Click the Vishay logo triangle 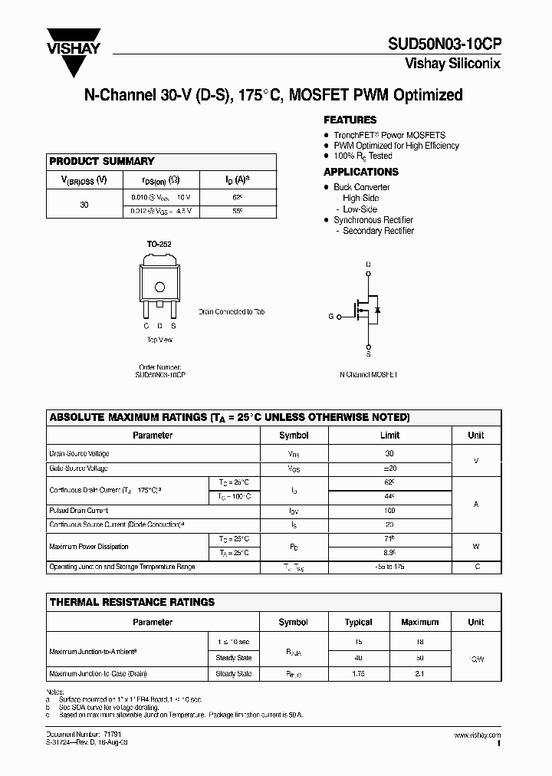point(74,58)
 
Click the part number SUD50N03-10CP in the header point(450,45)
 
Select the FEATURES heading point(350,120)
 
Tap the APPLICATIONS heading point(360,172)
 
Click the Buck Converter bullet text point(361,187)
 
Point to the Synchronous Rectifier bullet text point(373,220)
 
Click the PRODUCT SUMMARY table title point(102,161)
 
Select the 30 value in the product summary point(84,205)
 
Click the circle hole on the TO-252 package point(159,288)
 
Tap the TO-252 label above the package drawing point(159,244)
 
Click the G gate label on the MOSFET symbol point(331,316)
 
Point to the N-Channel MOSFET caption point(368,375)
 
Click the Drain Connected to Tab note point(232,312)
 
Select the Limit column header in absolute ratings point(390,435)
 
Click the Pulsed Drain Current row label point(79,511)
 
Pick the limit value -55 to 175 point(390,567)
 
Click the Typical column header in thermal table point(358,622)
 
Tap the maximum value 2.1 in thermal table point(419,673)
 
